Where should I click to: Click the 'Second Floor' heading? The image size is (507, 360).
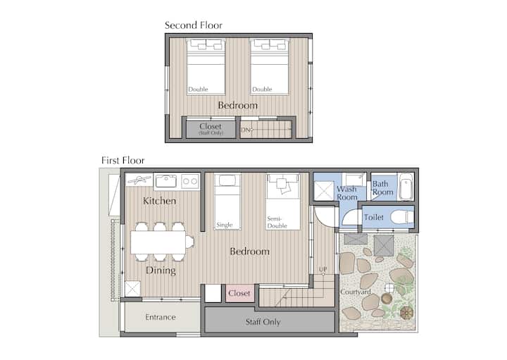tap(194, 25)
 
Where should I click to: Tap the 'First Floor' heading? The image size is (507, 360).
tap(123, 161)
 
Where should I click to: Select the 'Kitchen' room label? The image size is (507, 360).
tap(159, 201)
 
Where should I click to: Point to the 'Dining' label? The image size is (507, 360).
tap(161, 271)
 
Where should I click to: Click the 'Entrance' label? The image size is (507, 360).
tap(161, 317)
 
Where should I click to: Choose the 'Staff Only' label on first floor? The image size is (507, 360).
tap(263, 322)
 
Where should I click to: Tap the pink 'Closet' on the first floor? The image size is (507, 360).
tap(239, 293)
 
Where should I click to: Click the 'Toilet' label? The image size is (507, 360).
tap(373, 217)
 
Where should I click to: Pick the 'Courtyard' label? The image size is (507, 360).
tap(356, 292)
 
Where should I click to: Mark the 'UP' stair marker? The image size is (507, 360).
tap(323, 269)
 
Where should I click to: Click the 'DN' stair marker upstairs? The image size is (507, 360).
tap(246, 130)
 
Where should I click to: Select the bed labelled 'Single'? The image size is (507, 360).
tap(227, 201)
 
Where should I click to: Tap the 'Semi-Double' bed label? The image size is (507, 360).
tap(277, 223)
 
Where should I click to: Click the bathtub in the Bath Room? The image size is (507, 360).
tap(406, 187)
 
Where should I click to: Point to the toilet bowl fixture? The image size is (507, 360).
tap(401, 217)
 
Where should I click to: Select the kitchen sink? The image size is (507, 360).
tap(166, 181)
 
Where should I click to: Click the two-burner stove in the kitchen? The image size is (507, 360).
tap(190, 182)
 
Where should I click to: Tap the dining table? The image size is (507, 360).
tap(158, 242)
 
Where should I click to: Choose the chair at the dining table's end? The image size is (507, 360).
tap(190, 242)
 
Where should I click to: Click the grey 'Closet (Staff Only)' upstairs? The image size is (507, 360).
tap(211, 129)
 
